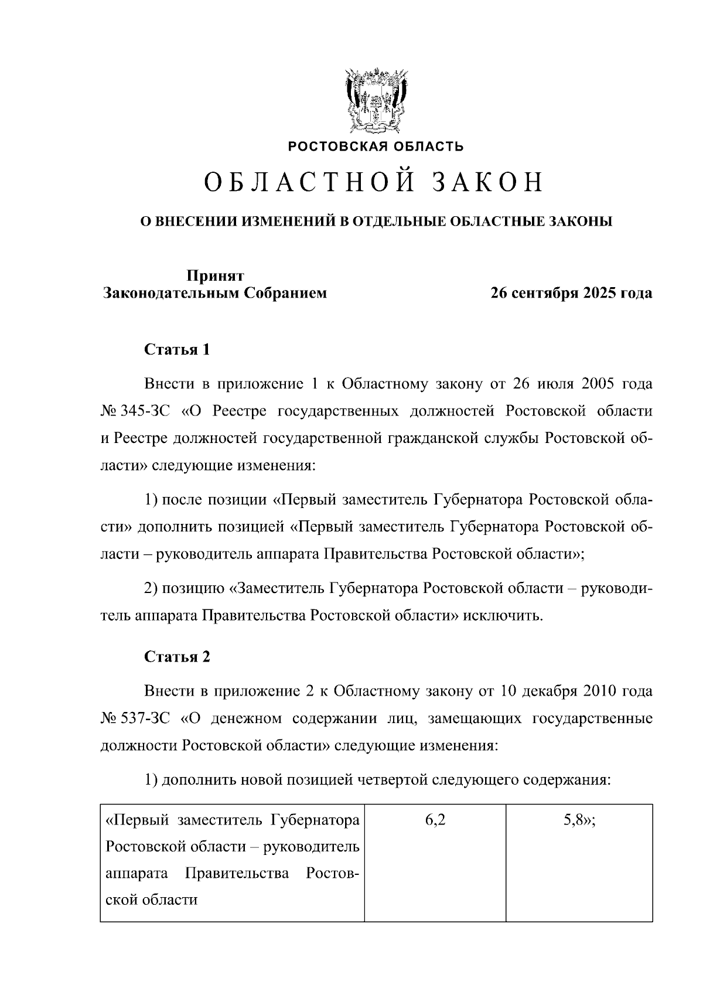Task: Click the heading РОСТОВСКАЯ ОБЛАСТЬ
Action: click(x=376, y=146)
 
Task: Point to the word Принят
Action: click(x=215, y=275)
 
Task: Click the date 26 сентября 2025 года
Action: click(x=571, y=293)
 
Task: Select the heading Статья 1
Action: click(x=177, y=350)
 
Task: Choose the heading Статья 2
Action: click(x=177, y=656)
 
